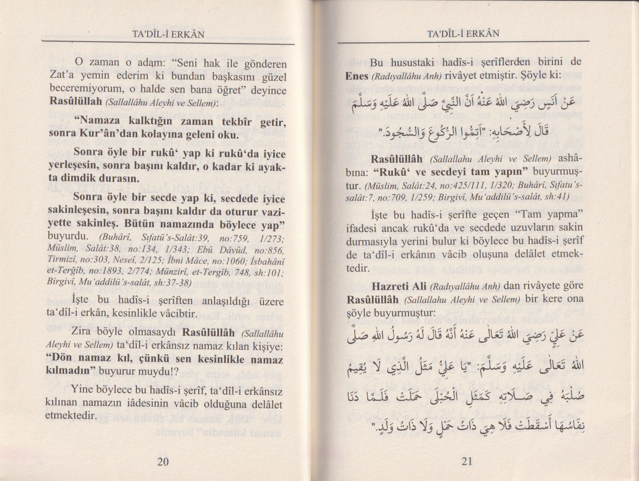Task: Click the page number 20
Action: coord(163,462)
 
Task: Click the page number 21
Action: coord(466,461)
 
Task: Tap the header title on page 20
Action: coord(168,34)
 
